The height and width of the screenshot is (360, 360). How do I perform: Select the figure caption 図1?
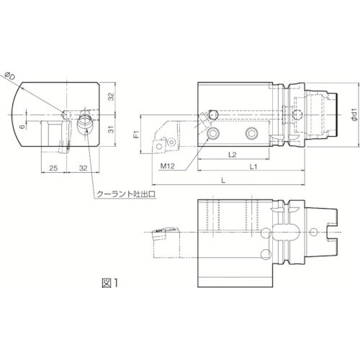coord(108,282)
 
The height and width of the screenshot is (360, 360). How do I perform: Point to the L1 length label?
coord(254,166)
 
